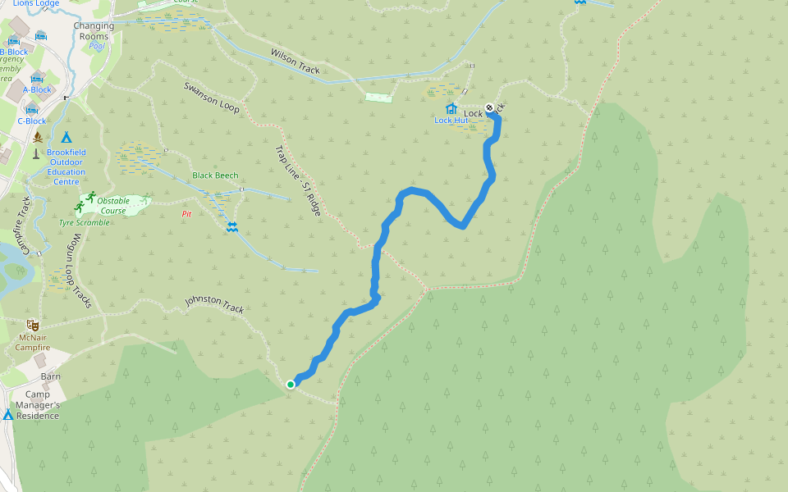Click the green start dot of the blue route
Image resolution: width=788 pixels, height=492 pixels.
[x=291, y=384]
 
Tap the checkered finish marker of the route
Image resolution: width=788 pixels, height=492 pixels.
[x=490, y=107]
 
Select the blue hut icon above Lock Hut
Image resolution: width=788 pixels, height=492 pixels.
[x=451, y=108]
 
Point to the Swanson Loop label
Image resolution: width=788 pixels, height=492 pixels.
[x=211, y=97]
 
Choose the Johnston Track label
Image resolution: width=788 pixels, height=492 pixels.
[x=214, y=304]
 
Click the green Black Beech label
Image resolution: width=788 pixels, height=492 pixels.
[x=215, y=175]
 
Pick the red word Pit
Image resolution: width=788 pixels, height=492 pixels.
[x=186, y=214]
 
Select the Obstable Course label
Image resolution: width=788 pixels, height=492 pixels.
[x=113, y=205]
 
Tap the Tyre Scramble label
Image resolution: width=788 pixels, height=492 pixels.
[x=84, y=222]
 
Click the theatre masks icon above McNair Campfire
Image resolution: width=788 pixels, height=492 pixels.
[x=33, y=326]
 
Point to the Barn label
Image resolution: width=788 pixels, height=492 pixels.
[x=51, y=377]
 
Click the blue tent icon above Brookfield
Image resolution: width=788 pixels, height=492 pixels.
[x=66, y=137]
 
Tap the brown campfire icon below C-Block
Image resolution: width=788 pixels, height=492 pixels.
[x=37, y=137]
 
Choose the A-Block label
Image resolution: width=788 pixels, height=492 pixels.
[x=37, y=89]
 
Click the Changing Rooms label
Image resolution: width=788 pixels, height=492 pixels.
[x=94, y=31]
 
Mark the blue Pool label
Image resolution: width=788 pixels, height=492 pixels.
[x=97, y=46]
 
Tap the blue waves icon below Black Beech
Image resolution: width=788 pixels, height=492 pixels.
[x=231, y=226]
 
